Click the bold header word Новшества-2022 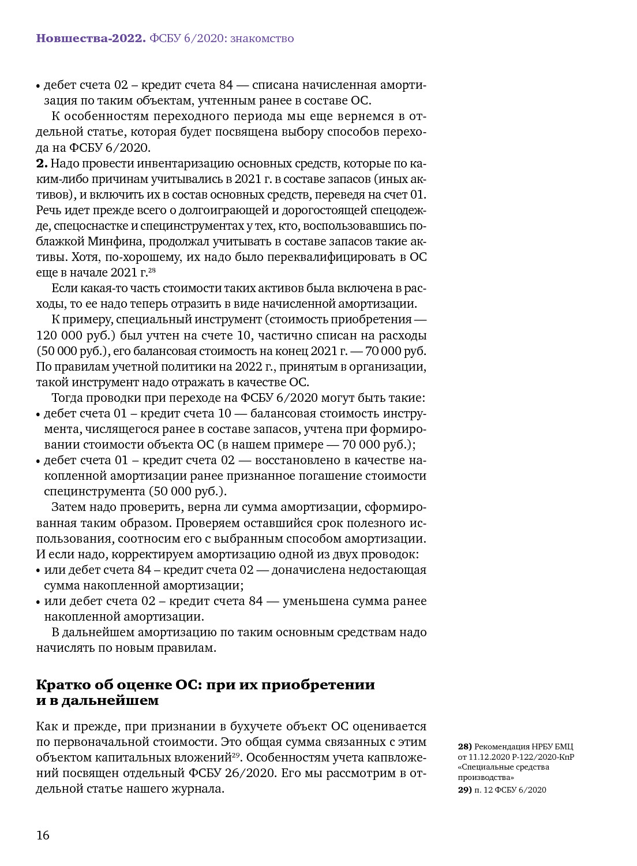click(90, 39)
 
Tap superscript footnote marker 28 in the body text click(152, 270)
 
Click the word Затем click(68, 507)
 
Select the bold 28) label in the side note click(464, 746)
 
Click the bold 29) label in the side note click(464, 790)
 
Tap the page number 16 click(43, 835)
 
